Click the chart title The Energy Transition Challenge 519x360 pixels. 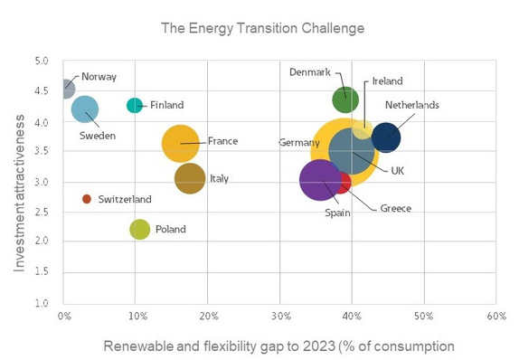pos(262,28)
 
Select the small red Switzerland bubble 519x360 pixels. pos(87,199)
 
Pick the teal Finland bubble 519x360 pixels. pos(135,105)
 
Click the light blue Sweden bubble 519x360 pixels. pos(84,109)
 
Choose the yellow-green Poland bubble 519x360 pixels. pos(139,229)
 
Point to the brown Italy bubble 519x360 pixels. pos(189,179)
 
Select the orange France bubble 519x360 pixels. pos(181,143)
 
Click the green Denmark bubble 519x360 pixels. pos(345,99)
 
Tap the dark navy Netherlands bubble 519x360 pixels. pos(386,137)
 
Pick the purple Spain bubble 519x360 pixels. pos(319,180)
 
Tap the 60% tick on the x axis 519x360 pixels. pos(495,317)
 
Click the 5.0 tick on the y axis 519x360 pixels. pos(42,62)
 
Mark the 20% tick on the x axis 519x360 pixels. pos(208,317)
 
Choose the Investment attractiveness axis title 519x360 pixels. pos(19,182)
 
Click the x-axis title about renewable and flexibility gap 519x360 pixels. pos(278,346)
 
